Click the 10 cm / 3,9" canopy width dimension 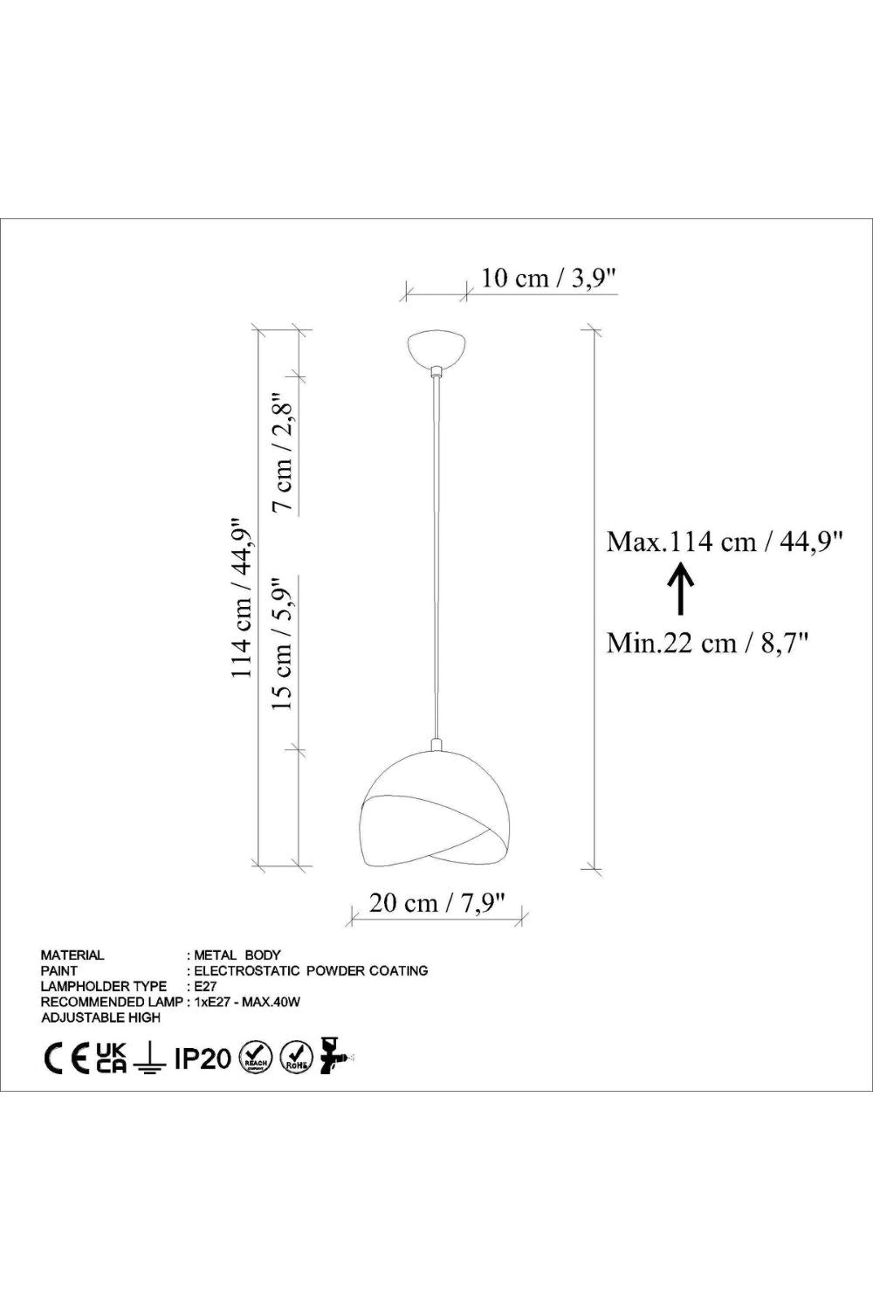(549, 278)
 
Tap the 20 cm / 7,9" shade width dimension (436, 903)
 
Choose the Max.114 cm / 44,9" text (724, 541)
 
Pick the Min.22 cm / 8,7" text (707, 644)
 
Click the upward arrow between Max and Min (680, 589)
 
